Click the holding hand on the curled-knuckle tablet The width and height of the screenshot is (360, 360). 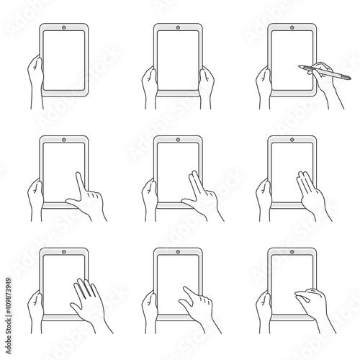(262, 306)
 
